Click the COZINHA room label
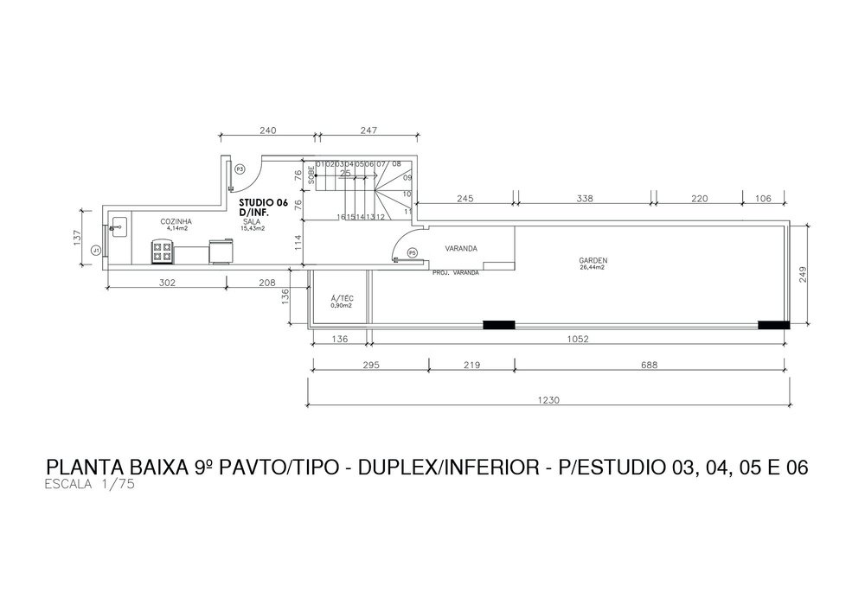[176, 222]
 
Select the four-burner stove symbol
[162, 251]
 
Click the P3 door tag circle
[240, 168]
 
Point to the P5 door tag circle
[413, 252]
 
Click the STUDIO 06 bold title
[263, 201]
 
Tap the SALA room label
[252, 221]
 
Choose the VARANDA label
[461, 249]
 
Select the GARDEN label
[593, 260]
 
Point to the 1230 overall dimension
[549, 399]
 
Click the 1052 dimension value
[578, 340]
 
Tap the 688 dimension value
[650, 366]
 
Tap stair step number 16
[341, 217]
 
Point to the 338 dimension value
[584, 199]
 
